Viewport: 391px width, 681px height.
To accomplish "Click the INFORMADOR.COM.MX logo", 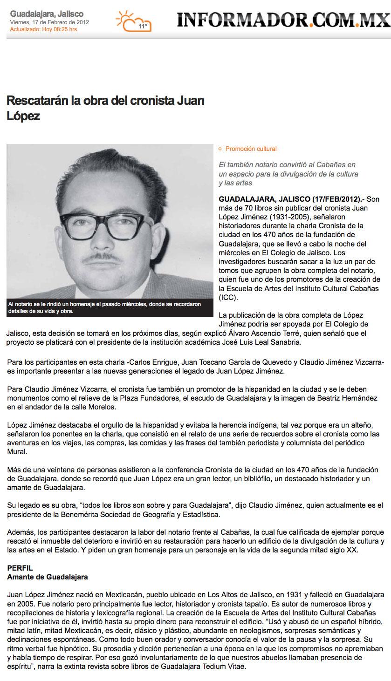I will pyautogui.click(x=283, y=19).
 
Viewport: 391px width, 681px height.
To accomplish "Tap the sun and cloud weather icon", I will pyautogui.click(x=132, y=21).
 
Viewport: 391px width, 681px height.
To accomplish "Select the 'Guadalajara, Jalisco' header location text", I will pyautogui.click(x=47, y=14).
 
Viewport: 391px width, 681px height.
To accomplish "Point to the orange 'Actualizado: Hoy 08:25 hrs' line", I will pyautogui.click(x=43, y=29).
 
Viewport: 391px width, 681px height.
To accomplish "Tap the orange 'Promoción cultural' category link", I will pyautogui.click(x=251, y=149).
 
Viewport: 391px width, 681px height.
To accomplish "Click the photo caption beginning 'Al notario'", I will pyautogui.click(x=104, y=307).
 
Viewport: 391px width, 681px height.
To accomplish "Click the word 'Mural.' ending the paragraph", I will pyautogui.click(x=17, y=451).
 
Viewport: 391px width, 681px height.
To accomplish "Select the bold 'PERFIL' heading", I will pyautogui.click(x=21, y=569).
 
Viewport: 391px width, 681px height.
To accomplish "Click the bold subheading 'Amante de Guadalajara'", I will pyautogui.click(x=48, y=577).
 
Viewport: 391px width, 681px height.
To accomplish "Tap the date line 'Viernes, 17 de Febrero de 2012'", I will pyautogui.click(x=49, y=22).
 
